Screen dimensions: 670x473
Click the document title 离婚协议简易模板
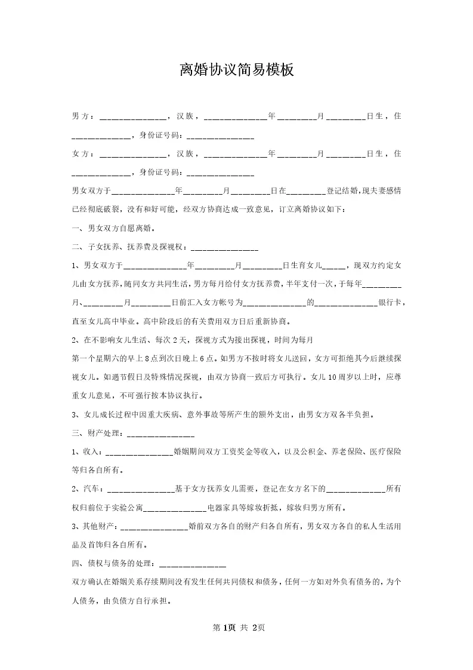pyautogui.click(x=237, y=70)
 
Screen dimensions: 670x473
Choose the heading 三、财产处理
pyautogui.click(x=97, y=432)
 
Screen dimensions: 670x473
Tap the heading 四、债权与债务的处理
pyautogui.click(x=114, y=563)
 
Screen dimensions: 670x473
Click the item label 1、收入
pyautogui.click(x=87, y=451)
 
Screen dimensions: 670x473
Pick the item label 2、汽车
pyautogui.click(x=87, y=489)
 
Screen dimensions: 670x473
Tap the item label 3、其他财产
pyautogui.click(x=95, y=527)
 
